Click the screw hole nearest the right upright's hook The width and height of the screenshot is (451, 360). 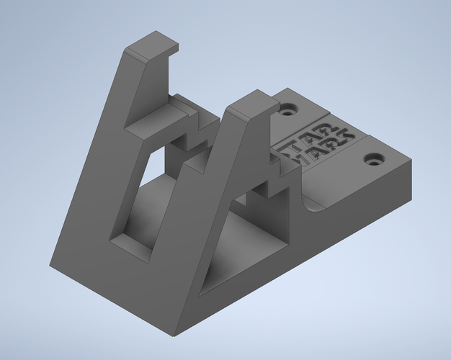pos(290,111)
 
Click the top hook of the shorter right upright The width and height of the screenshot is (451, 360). pos(252,103)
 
